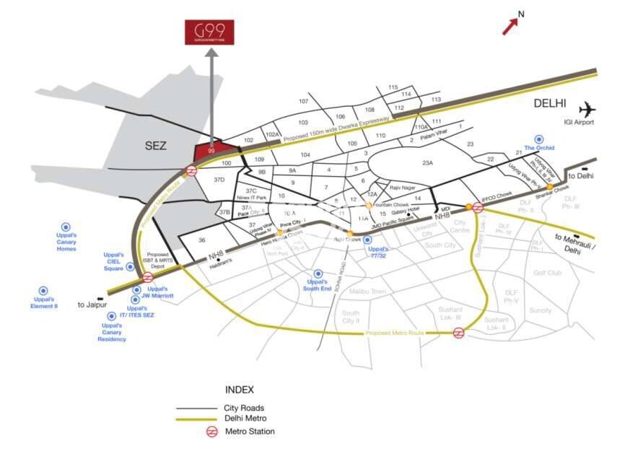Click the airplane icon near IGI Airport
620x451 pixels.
pos(588,109)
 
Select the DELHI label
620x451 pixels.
pos(550,104)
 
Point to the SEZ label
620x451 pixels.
pos(154,146)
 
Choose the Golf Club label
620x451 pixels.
pos(546,273)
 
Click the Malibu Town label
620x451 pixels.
pos(368,291)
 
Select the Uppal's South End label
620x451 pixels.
pos(317,284)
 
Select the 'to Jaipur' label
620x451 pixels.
pos(92,305)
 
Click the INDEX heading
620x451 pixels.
pos(240,390)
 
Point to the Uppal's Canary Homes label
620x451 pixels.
pos(66,240)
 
